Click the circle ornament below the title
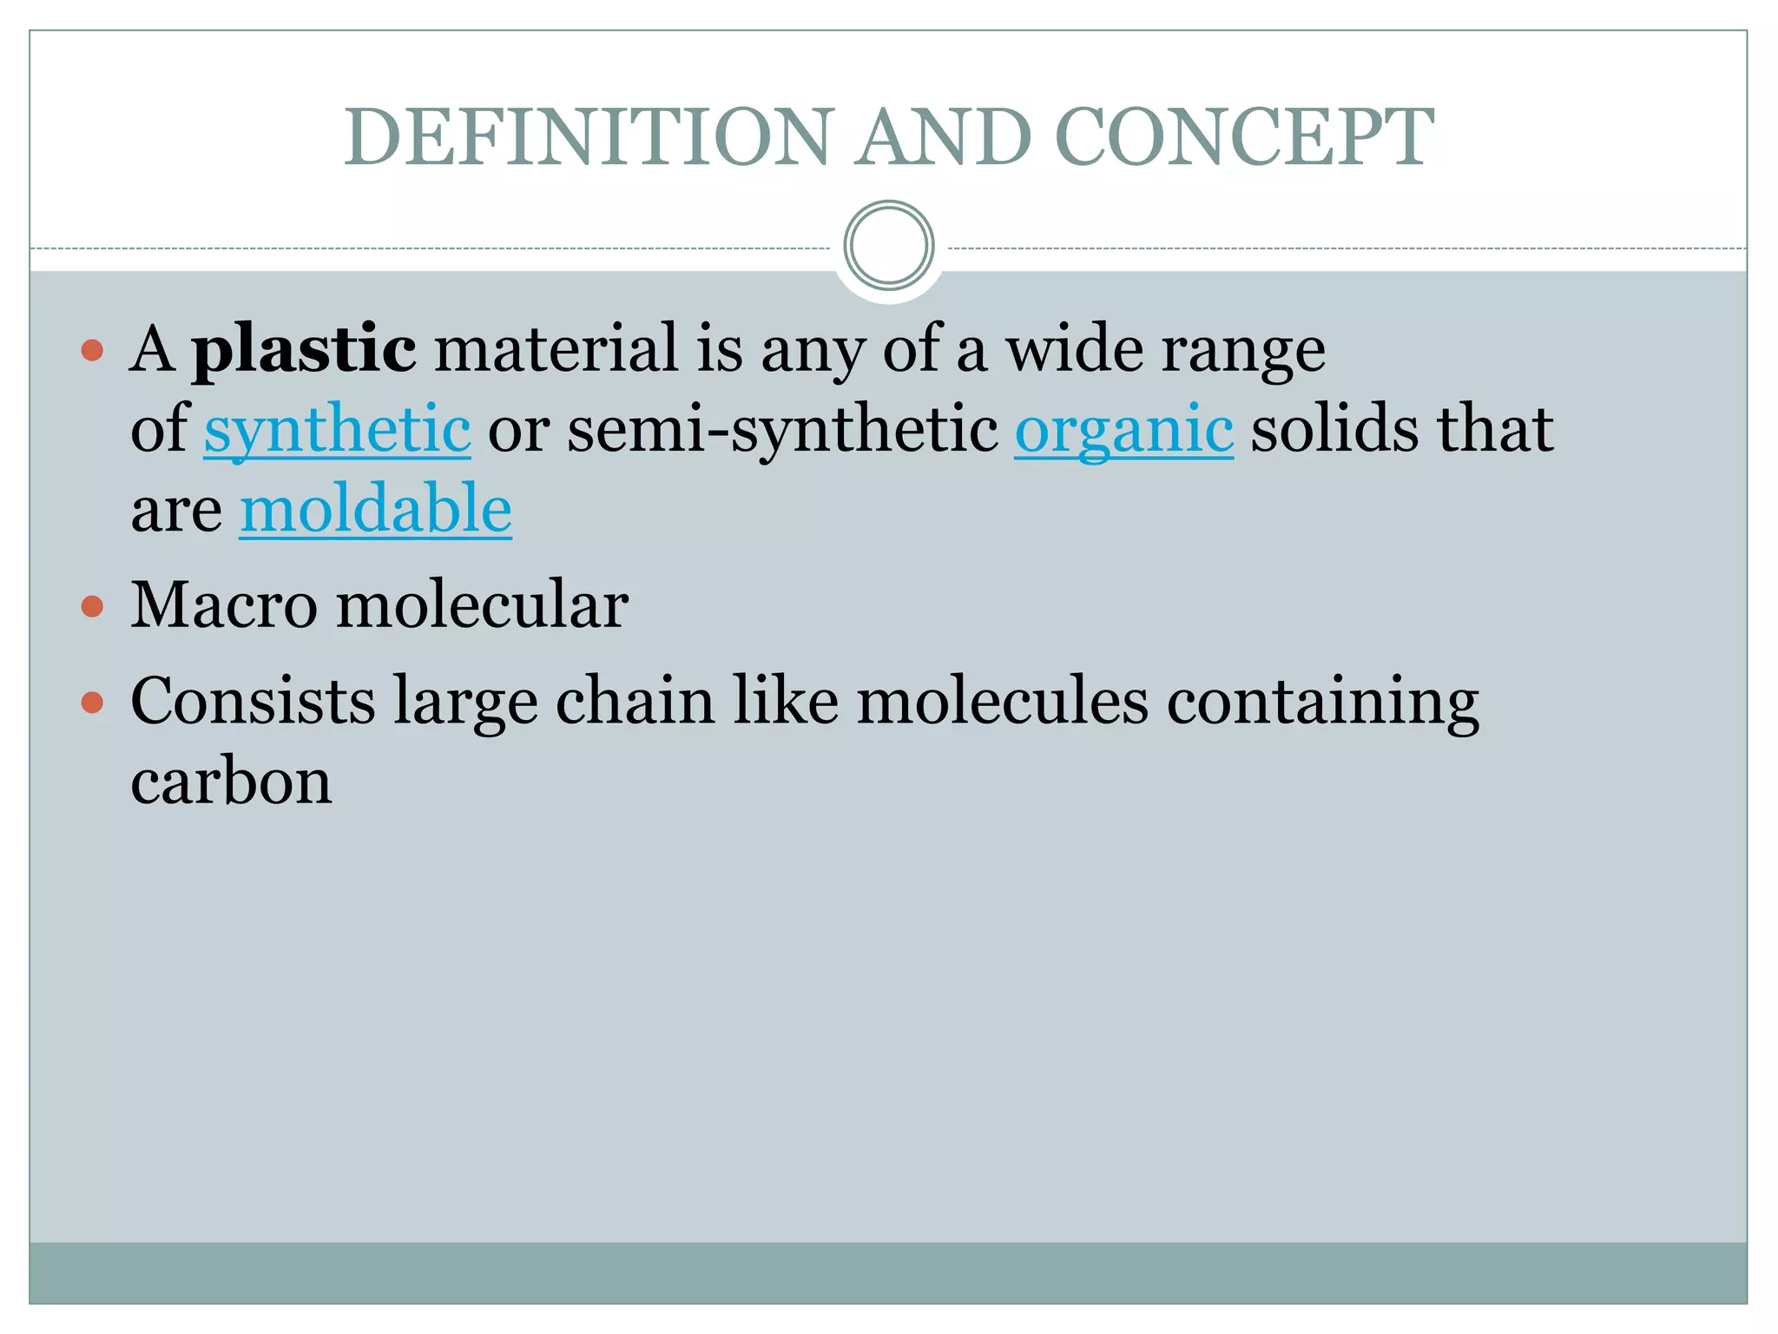888,246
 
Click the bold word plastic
304,349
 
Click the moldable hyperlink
375,510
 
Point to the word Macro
224,604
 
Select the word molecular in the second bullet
482,604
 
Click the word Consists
253,701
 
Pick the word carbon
231,782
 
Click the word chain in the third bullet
635,701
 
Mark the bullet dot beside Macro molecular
92,605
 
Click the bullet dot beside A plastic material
92,351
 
